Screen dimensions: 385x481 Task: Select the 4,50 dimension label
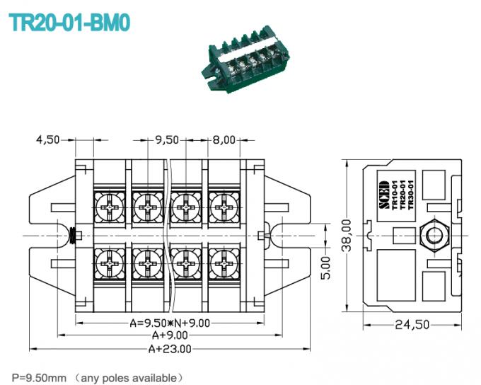tap(48, 139)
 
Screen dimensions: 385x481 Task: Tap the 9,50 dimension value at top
tap(167, 139)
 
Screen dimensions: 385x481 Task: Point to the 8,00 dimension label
tap(224, 139)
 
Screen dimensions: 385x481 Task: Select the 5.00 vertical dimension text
tap(325, 267)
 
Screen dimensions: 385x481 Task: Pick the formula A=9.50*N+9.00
tap(169, 323)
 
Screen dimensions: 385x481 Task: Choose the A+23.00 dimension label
tap(169, 348)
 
